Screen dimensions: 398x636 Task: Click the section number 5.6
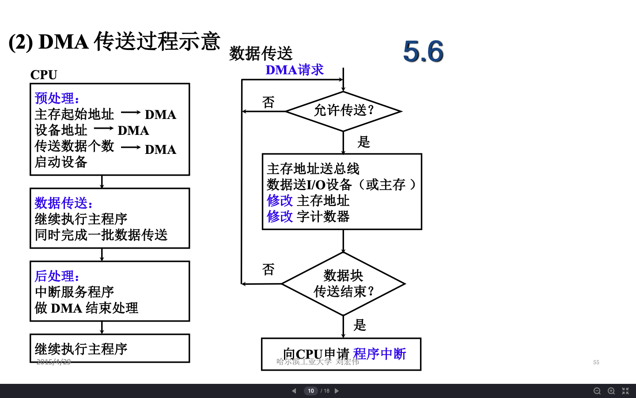click(423, 52)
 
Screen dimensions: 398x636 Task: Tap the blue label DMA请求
click(295, 70)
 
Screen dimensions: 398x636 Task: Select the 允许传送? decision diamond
click(344, 111)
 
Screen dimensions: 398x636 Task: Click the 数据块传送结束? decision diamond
click(344, 283)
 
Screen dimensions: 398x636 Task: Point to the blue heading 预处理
click(57, 98)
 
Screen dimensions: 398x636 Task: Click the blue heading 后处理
click(57, 276)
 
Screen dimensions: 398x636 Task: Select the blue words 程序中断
click(379, 354)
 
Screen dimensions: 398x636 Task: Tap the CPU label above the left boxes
click(44, 75)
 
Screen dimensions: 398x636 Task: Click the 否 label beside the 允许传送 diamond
click(268, 102)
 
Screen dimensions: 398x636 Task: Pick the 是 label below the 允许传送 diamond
click(363, 142)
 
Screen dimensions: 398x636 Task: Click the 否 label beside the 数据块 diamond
click(268, 269)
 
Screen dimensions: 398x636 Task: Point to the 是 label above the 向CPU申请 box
click(360, 325)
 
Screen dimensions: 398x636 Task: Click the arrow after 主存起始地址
click(130, 113)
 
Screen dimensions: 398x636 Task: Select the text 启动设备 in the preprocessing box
click(61, 162)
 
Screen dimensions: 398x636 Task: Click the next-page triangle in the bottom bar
click(337, 391)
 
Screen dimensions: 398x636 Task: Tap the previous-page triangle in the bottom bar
click(294, 391)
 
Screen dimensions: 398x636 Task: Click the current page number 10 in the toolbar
click(311, 391)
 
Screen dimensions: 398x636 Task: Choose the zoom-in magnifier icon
click(611, 391)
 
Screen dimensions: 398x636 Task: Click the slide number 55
click(596, 362)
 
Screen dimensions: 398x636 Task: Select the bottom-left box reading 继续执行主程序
click(110, 348)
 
